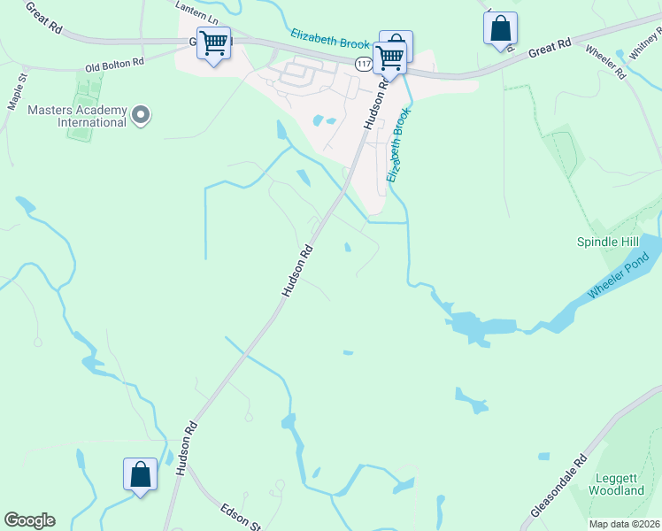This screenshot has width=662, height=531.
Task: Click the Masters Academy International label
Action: pyautogui.click(x=77, y=116)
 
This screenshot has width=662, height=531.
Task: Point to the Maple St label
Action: pyautogui.click(x=18, y=92)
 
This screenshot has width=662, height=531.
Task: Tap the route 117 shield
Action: pyautogui.click(x=364, y=63)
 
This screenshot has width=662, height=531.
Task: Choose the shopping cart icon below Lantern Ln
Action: pyautogui.click(x=213, y=43)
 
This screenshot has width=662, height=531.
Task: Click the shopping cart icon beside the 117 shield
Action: pyautogui.click(x=389, y=58)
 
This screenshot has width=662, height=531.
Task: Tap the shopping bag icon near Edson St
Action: pyautogui.click(x=141, y=474)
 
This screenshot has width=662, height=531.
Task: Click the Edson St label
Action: pyautogui.click(x=239, y=515)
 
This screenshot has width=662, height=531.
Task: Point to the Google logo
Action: pyautogui.click(x=29, y=520)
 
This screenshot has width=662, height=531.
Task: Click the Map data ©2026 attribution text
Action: pyautogui.click(x=624, y=524)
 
